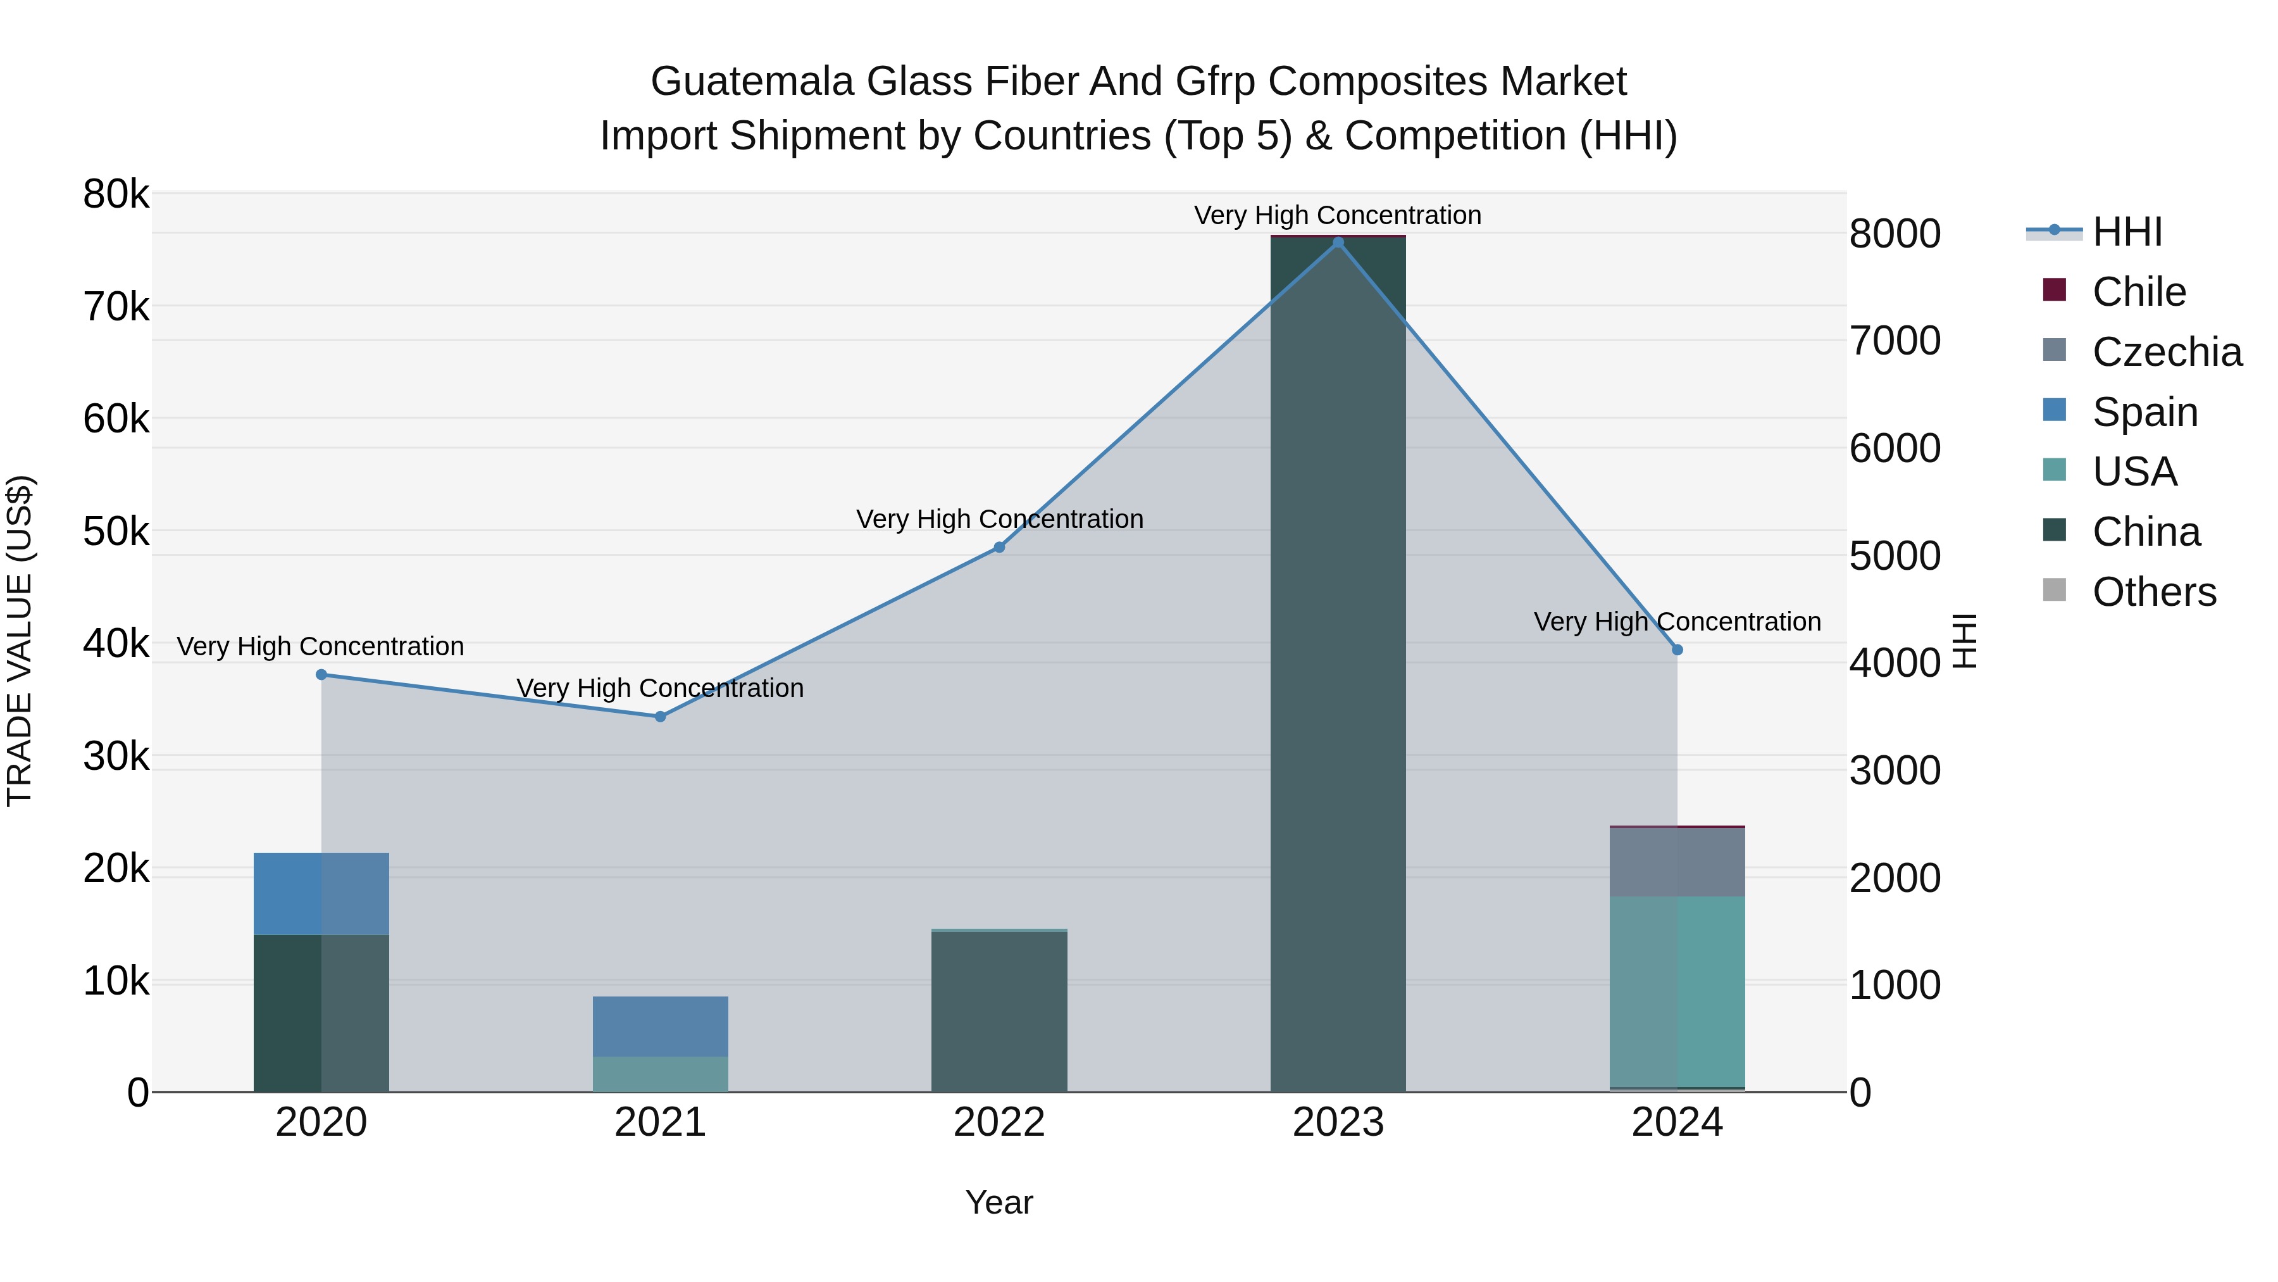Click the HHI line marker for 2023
coord(1338,242)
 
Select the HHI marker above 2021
coord(661,717)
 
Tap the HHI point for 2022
coord(999,548)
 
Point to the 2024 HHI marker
coord(1677,650)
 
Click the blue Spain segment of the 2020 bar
coord(321,893)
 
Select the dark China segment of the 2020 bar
coord(321,1013)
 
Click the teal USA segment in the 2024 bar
coord(1677,991)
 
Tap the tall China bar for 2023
coord(1338,663)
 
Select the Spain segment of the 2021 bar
coord(661,1026)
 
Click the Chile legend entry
coord(2138,292)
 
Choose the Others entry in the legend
coord(2153,592)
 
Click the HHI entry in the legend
coord(2127,232)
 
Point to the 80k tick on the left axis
coord(116,194)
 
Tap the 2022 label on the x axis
coord(999,1122)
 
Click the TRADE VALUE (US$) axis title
coord(20,641)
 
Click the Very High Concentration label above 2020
coord(321,647)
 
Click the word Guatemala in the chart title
coord(752,82)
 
